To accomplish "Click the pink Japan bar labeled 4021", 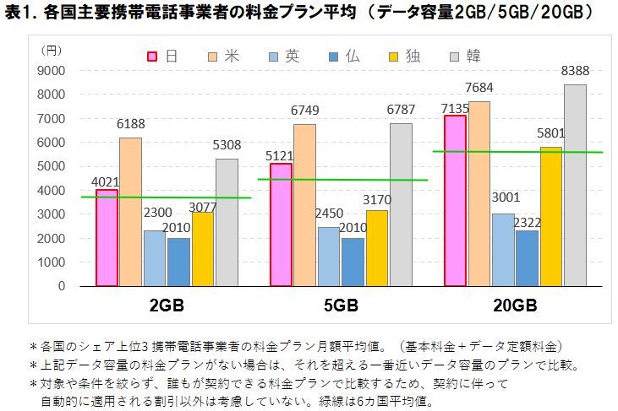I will (x=107, y=238).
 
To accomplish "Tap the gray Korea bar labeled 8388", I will (x=575, y=186).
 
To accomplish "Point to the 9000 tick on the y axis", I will (x=52, y=70).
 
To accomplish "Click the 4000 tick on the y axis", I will (x=52, y=190).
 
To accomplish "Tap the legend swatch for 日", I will (x=154, y=57).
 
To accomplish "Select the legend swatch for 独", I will (x=395, y=57).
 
